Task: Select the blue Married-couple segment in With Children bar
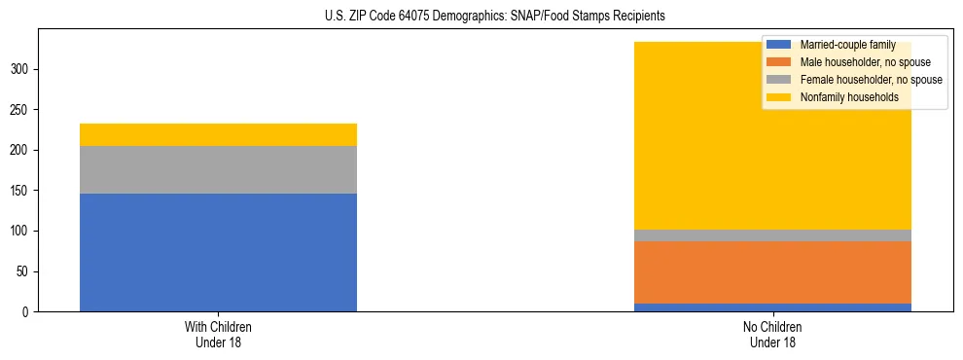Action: pos(218,252)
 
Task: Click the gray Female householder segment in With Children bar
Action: pos(218,170)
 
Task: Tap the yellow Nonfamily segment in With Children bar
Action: pos(218,134)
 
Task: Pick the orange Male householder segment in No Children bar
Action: pos(772,272)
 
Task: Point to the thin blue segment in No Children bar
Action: pos(772,307)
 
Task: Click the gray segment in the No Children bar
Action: pos(772,235)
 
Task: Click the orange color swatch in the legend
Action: pos(780,62)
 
